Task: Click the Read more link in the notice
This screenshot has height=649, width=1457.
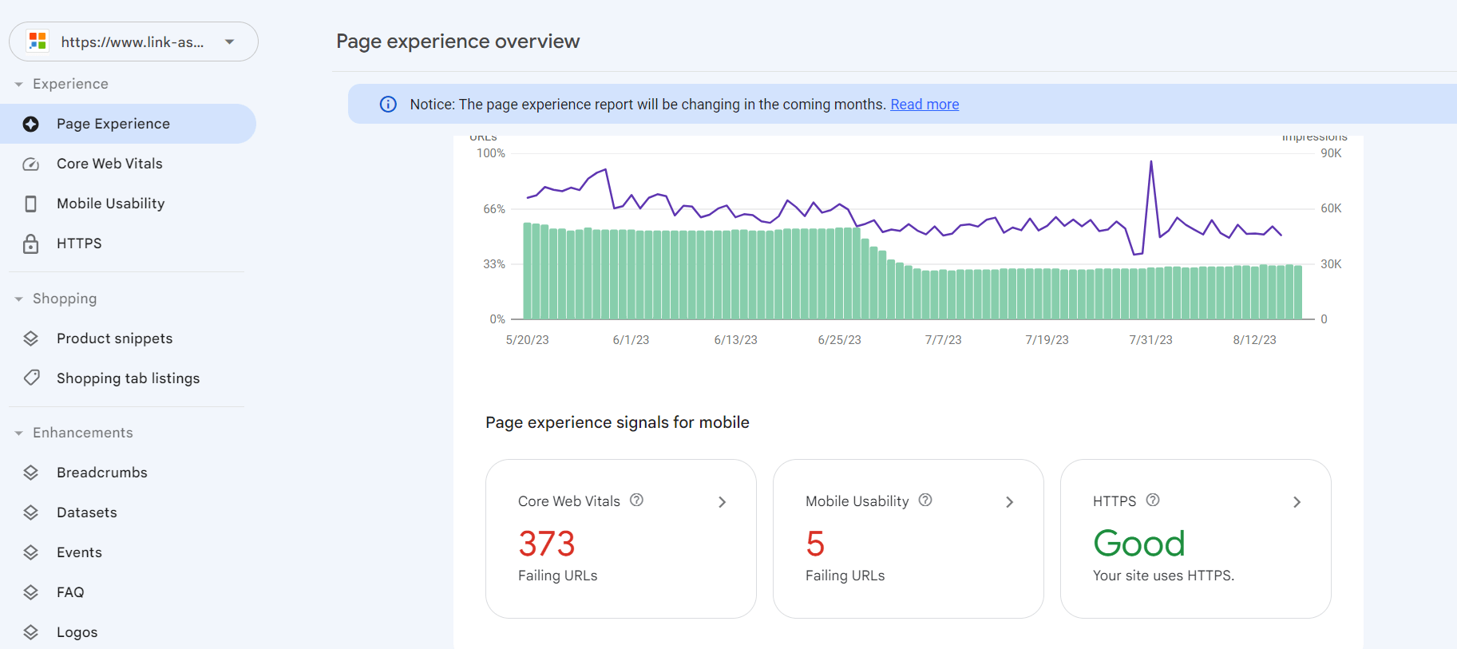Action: (924, 105)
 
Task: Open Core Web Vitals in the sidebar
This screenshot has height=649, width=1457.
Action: (109, 164)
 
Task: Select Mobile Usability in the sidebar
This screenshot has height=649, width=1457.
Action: (110, 204)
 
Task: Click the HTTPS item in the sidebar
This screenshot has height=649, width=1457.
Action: (79, 243)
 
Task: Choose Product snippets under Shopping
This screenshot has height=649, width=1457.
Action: (114, 338)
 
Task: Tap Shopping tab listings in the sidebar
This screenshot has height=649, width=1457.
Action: (128, 378)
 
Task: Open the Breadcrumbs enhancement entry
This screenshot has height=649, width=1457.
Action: (101, 473)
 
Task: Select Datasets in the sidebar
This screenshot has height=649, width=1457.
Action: (86, 512)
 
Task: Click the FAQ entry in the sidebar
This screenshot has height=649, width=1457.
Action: (70, 592)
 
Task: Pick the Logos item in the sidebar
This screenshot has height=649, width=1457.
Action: (77, 632)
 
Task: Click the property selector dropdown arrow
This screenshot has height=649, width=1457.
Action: (230, 42)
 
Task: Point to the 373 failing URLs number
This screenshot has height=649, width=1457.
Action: (547, 544)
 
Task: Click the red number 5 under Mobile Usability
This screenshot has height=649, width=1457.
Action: (815, 544)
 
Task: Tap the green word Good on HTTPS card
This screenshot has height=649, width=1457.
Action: (1139, 544)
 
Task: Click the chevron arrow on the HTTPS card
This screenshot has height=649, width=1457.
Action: (1297, 502)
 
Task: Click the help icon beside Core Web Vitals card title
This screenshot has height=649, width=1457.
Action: (636, 501)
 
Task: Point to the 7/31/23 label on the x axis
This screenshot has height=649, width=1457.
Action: (1150, 340)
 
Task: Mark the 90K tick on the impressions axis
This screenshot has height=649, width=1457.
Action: (1331, 153)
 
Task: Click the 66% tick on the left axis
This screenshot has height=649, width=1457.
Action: (494, 209)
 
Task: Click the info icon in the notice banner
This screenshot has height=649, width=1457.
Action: (388, 105)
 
